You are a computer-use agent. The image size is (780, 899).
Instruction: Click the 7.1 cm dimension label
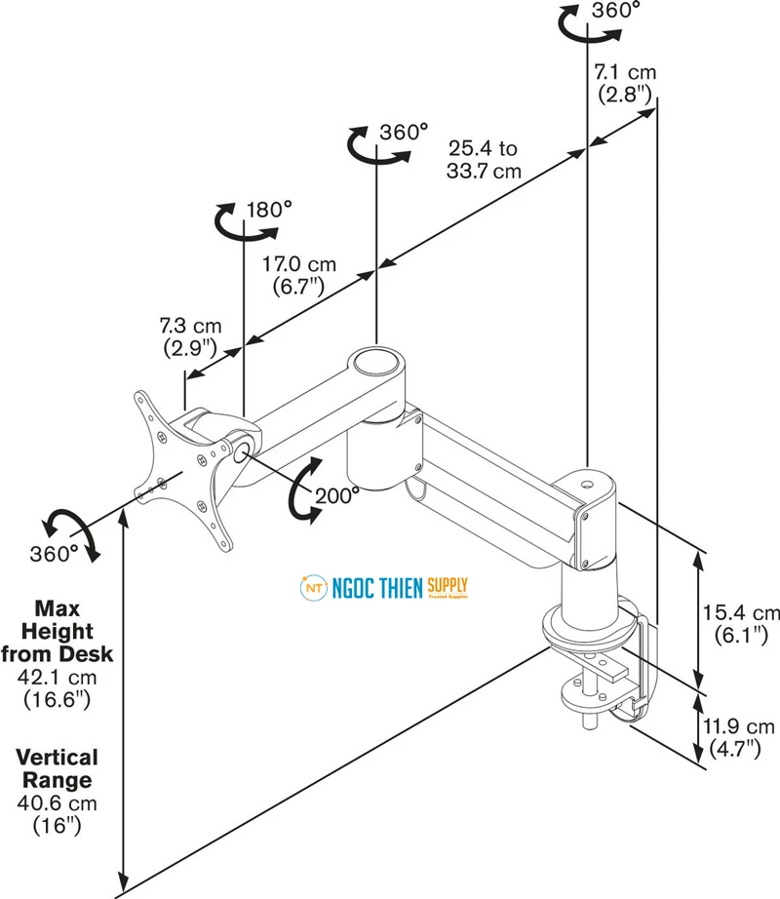(625, 83)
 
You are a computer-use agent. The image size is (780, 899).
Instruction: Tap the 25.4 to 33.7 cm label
(484, 159)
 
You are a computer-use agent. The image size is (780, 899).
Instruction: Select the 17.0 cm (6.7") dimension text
(299, 275)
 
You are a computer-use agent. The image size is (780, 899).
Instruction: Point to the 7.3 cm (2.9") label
(190, 336)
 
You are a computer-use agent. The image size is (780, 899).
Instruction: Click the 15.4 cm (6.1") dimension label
(741, 623)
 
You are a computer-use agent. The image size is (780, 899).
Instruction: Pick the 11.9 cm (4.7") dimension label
(738, 737)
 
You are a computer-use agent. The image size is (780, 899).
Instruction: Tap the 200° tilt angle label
(337, 495)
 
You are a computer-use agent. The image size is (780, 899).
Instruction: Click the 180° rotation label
(269, 210)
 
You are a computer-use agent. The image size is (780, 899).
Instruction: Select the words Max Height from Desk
(58, 631)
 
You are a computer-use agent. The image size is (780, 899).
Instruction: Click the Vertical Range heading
(57, 769)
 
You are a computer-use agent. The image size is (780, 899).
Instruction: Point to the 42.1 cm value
(57, 677)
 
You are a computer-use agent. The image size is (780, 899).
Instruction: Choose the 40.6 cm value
(57, 803)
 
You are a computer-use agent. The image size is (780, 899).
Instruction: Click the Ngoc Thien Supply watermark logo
(384, 588)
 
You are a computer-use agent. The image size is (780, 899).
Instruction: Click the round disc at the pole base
(585, 628)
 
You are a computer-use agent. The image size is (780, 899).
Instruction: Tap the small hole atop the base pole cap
(586, 485)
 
